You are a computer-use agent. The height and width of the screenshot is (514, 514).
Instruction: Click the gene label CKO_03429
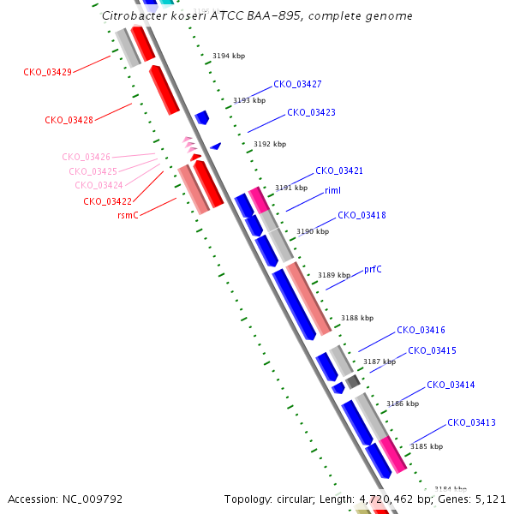coord(47,72)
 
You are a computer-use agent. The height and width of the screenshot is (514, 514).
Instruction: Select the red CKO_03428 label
coord(69,120)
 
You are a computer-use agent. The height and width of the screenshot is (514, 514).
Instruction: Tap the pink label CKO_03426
coord(87,157)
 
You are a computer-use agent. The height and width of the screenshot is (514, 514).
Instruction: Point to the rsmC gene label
coord(128,215)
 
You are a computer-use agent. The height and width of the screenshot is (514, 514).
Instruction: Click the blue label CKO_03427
coord(297,84)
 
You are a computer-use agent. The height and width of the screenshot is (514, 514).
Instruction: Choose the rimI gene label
coord(332,190)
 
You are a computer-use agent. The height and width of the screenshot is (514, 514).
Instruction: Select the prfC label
coord(373,270)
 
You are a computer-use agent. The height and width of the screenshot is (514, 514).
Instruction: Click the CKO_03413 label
coord(472,422)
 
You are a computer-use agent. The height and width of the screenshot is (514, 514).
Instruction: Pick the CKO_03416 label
coord(421,330)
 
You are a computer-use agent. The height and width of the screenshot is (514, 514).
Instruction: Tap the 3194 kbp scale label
coord(229,56)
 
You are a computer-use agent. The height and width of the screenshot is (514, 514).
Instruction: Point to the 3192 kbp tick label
coord(270,144)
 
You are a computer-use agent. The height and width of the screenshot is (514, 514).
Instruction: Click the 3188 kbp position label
coord(357,318)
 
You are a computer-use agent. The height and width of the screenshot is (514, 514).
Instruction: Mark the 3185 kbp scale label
coord(427,446)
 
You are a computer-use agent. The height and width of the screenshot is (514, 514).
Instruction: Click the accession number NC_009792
coord(93,499)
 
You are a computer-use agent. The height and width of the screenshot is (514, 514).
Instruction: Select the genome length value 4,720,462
coord(386,499)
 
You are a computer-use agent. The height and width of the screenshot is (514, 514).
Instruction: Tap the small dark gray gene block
coord(353,382)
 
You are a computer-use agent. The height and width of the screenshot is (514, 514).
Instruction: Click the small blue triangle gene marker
coord(216,146)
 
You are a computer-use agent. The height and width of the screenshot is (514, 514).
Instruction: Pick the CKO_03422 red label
coord(108,201)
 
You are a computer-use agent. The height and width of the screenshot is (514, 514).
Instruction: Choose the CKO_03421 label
coord(339,170)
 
